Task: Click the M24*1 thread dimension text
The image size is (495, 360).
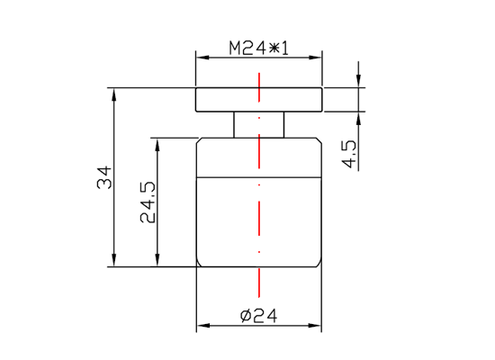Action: point(258,48)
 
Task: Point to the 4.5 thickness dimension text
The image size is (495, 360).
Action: point(350,153)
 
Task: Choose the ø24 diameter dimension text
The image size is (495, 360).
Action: point(258,315)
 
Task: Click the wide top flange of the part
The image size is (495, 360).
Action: point(225,99)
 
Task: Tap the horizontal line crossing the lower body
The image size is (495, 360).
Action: point(225,179)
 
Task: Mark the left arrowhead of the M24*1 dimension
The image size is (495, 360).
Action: point(202,58)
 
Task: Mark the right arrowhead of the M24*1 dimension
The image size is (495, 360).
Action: point(317,58)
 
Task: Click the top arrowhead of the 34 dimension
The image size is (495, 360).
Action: point(114,93)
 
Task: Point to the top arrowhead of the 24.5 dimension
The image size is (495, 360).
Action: point(157,143)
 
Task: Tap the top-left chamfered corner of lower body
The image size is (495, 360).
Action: point(199,139)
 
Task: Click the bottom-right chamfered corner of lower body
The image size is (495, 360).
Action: point(319,264)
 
